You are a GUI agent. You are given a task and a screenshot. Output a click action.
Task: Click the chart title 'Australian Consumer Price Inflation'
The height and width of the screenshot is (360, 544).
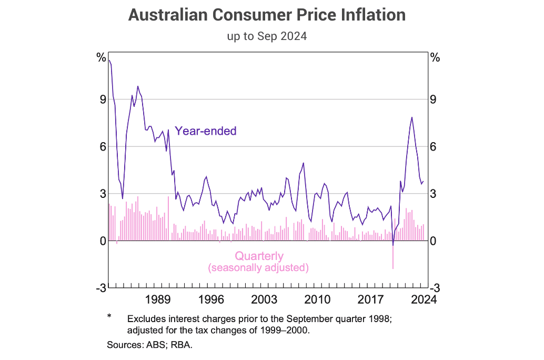click(x=267, y=15)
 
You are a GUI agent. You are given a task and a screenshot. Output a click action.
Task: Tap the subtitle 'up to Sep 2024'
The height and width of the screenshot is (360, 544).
click(x=267, y=37)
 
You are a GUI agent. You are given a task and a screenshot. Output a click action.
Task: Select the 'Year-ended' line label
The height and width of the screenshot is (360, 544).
click(x=206, y=131)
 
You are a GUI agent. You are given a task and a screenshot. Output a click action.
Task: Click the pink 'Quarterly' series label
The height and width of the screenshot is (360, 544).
click(x=259, y=256)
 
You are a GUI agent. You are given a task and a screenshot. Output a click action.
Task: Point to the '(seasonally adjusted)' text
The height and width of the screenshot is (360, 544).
click(x=258, y=268)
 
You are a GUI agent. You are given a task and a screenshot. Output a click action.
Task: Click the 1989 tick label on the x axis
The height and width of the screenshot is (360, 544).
click(x=158, y=300)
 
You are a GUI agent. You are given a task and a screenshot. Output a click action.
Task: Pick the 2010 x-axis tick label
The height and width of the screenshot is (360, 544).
click(x=318, y=300)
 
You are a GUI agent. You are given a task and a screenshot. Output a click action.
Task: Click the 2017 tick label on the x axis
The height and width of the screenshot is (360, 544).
click(x=370, y=300)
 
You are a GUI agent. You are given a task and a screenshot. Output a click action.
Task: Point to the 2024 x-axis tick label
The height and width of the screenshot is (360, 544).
click(x=423, y=300)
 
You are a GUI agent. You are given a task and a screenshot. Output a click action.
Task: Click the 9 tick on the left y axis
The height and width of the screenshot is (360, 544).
click(x=102, y=99)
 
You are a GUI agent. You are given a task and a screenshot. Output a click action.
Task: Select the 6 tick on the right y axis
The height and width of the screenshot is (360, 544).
click(x=434, y=146)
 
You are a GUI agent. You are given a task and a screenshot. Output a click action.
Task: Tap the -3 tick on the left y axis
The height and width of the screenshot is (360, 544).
click(x=99, y=288)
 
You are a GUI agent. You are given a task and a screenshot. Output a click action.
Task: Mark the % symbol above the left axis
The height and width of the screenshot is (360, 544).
click(x=100, y=58)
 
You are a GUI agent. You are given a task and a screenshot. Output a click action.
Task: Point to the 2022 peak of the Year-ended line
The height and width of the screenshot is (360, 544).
click(x=411, y=117)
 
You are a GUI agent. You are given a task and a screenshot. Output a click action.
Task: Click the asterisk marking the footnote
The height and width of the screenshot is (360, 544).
click(x=109, y=316)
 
